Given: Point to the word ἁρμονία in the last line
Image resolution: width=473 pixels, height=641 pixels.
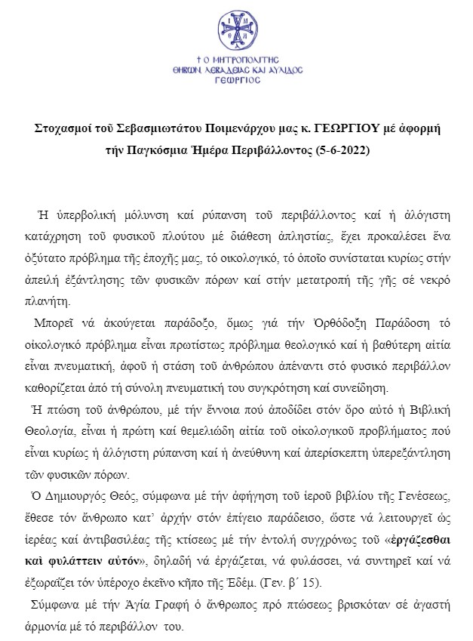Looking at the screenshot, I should [x=58, y=626].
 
